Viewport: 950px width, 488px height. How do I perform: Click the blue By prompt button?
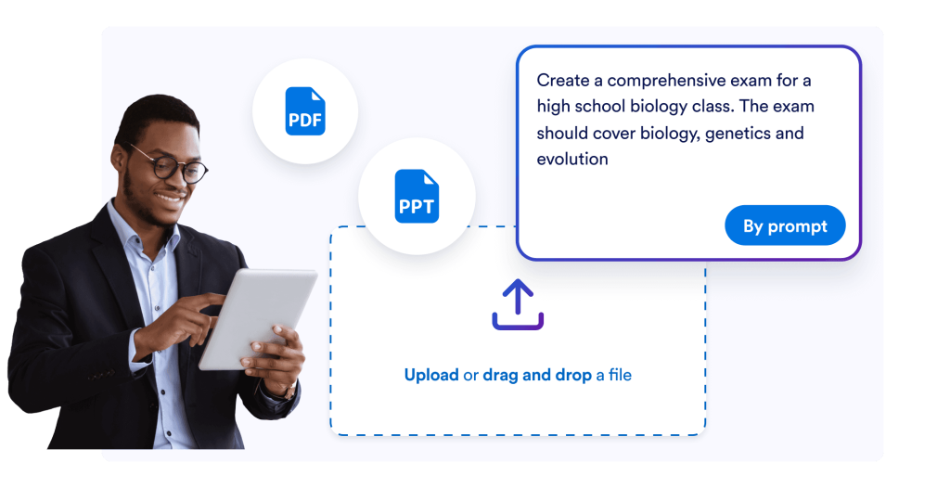pos(785,225)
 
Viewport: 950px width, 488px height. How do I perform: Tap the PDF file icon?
pos(305,111)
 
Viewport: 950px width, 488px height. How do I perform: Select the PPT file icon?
pos(417,196)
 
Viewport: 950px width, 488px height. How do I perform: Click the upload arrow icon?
pos(518,304)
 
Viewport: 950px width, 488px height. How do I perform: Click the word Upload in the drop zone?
pos(431,375)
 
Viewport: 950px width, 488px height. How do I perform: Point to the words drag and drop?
pos(537,375)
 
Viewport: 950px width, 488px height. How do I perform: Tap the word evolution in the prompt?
pos(571,159)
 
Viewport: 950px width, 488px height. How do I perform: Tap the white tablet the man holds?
pos(258,318)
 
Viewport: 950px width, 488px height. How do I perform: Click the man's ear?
pos(120,159)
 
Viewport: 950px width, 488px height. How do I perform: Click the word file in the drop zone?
pos(620,375)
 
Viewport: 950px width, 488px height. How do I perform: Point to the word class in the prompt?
pos(712,106)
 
